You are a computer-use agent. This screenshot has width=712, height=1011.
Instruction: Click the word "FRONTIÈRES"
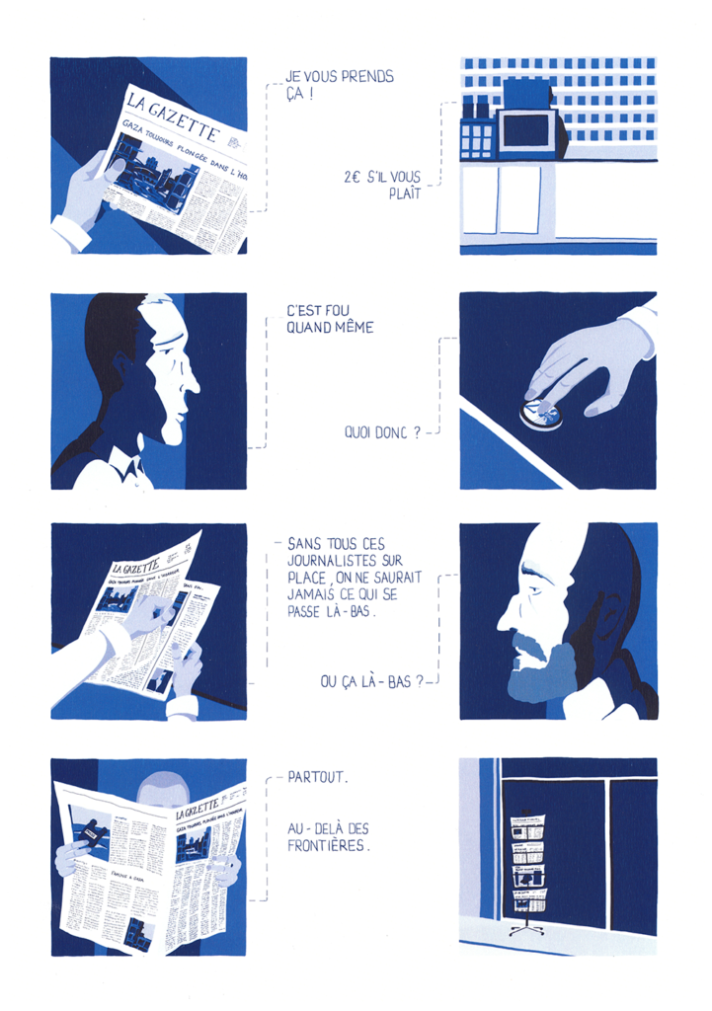327,845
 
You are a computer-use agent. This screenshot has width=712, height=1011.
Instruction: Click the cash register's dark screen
528,131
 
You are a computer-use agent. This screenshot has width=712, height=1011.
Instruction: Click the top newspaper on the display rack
527,822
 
